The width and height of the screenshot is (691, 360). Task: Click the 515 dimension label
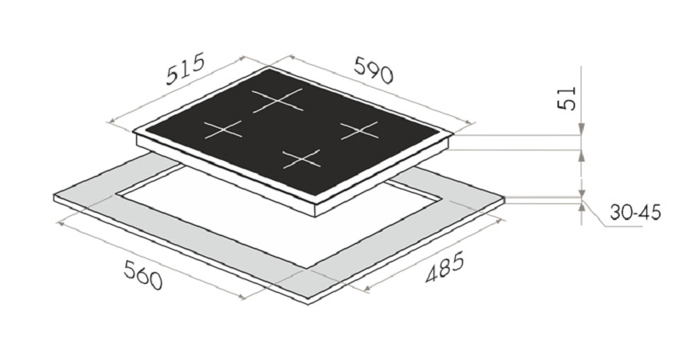(x=186, y=68)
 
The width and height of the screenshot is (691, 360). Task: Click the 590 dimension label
(x=373, y=70)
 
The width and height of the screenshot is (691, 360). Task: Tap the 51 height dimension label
(x=567, y=98)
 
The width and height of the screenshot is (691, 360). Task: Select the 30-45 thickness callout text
(x=636, y=213)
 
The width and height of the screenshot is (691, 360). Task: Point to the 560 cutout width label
(x=143, y=275)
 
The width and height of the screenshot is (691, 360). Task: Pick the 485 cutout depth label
(x=445, y=266)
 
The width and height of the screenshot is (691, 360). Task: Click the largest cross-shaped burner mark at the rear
(x=278, y=101)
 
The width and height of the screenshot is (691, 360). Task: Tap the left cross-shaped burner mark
(x=223, y=129)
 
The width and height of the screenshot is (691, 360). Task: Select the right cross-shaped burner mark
(x=360, y=130)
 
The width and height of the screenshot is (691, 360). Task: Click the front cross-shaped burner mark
(x=302, y=158)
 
